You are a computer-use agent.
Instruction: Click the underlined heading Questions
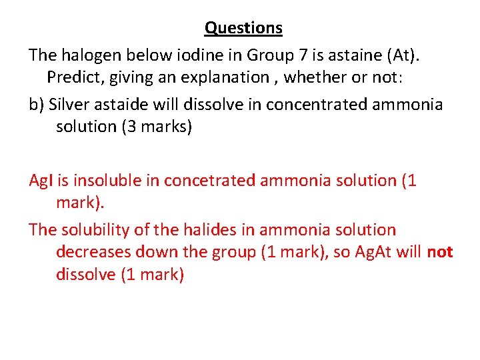(243, 28)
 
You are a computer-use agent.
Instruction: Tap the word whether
(317, 77)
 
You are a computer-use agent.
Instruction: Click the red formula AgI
(41, 181)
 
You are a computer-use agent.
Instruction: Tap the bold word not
(440, 253)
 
